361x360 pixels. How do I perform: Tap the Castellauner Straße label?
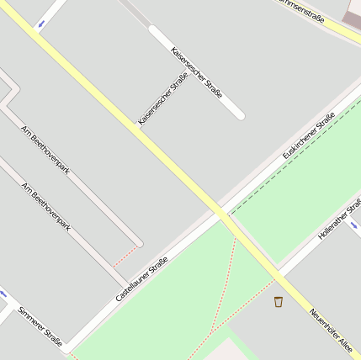[x=141, y=279]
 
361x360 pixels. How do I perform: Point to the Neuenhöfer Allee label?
[x=330, y=329]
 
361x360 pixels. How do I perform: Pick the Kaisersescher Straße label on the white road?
[x=196, y=72]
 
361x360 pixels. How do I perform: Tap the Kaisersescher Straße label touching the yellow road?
[x=162, y=100]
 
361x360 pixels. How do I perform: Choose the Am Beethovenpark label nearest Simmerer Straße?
[x=45, y=207]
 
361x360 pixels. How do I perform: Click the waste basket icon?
[x=279, y=301]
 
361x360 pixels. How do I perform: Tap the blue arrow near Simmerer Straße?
[x=3, y=294]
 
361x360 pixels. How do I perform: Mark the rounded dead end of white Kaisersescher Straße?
[x=239, y=114]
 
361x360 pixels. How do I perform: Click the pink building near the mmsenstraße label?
[x=353, y=18]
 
